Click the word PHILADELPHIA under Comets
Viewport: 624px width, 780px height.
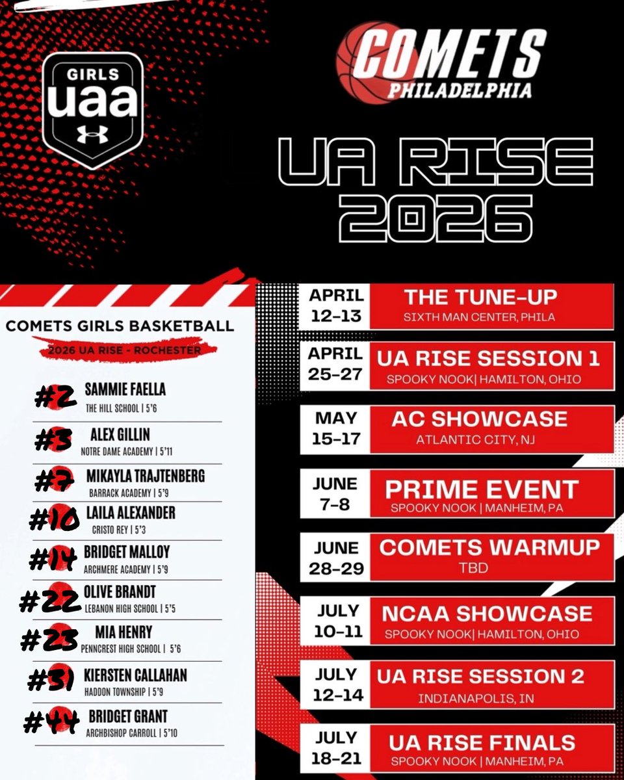click(x=459, y=90)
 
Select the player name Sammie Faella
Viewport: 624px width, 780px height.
click(x=125, y=389)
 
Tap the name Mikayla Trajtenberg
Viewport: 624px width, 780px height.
click(x=146, y=476)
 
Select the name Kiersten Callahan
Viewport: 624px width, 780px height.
click(x=135, y=675)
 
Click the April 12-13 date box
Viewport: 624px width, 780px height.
click(x=336, y=305)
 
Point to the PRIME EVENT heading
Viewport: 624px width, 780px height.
click(x=481, y=489)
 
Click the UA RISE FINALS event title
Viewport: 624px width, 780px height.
click(x=482, y=742)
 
